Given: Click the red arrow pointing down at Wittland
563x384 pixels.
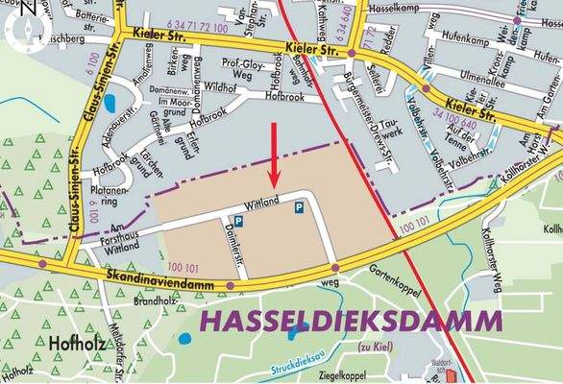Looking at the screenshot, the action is tap(276, 154).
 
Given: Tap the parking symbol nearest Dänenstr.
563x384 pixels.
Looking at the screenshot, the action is tap(239, 221).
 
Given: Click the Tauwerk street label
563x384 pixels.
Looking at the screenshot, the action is tap(392, 132).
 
